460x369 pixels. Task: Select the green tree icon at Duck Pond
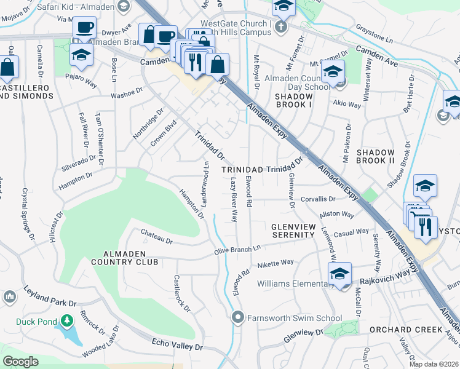tap(66, 321)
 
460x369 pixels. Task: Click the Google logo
tap(20, 362)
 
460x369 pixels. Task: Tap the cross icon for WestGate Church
tap(281, 26)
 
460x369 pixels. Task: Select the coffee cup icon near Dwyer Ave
tap(84, 28)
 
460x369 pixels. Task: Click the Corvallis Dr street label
tap(318, 199)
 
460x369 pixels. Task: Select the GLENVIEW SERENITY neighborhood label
tap(293, 231)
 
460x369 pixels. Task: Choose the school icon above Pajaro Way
tap(81, 54)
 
